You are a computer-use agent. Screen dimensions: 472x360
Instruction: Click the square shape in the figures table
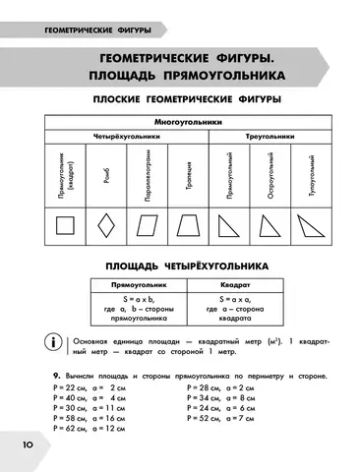(x=65, y=227)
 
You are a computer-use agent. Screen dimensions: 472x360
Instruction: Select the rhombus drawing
(x=102, y=227)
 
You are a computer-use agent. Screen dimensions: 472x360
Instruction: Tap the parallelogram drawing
(x=140, y=227)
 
